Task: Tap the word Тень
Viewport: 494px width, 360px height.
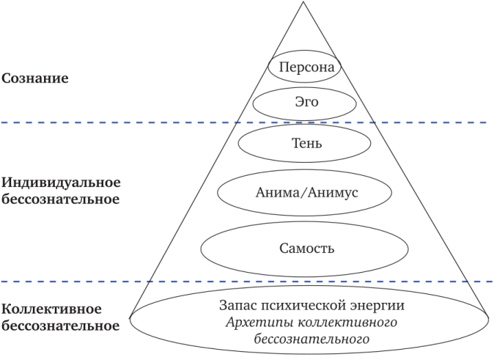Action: point(306,143)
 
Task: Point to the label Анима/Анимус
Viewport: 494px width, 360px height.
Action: point(306,194)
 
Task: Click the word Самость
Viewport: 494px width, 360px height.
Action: point(306,248)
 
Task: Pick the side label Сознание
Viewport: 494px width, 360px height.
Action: point(34,78)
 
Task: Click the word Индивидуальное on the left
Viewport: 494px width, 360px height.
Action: point(61,182)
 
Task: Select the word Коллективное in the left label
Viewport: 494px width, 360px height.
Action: point(51,309)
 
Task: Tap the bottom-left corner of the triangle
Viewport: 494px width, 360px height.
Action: point(130,317)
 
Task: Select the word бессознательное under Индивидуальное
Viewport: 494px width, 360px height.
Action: point(61,199)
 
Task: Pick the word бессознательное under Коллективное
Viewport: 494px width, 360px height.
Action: point(61,326)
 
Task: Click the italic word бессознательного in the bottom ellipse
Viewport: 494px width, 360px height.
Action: point(311,339)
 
